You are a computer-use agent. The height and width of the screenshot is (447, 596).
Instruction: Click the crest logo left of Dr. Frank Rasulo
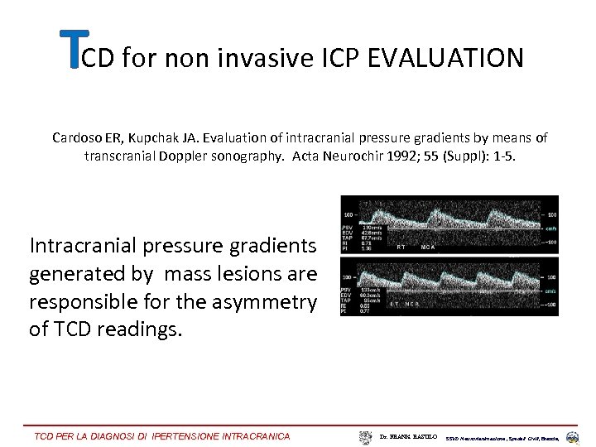(x=366, y=436)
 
